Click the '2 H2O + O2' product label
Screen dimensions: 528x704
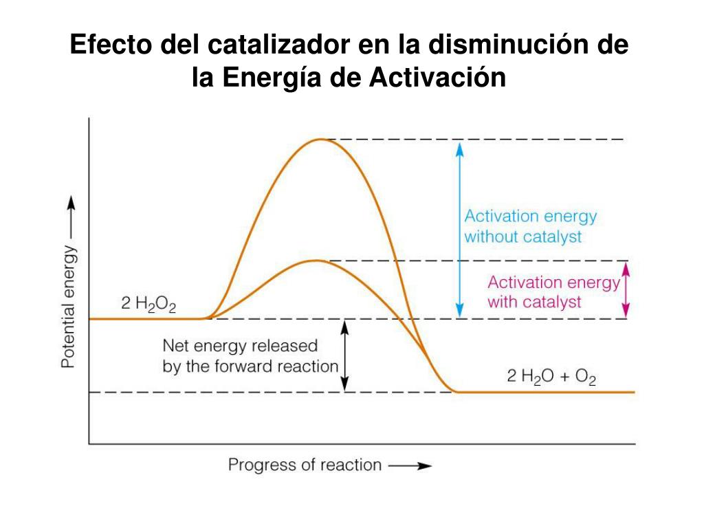pos(551,377)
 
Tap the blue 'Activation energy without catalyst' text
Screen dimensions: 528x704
pos(530,226)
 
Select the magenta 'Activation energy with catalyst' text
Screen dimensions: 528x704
pos(553,292)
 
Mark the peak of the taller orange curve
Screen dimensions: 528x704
pos(319,140)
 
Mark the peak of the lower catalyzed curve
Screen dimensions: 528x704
pos(316,261)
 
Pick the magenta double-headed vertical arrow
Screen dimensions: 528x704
pos(626,289)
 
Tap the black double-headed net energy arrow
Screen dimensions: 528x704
pos(346,355)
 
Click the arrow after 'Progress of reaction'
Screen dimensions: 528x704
pos(410,465)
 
